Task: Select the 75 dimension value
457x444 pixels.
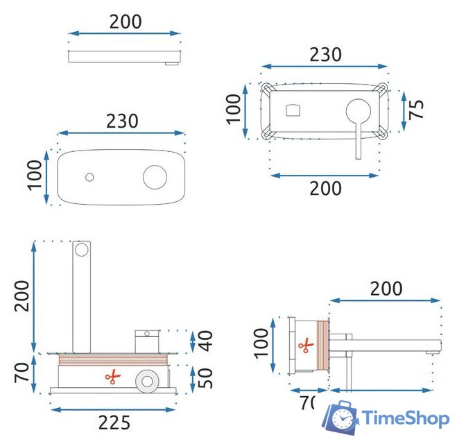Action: coord(416,109)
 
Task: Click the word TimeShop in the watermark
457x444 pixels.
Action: coord(405,418)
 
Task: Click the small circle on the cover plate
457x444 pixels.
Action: coord(89,177)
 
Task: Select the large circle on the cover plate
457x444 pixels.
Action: coord(155,176)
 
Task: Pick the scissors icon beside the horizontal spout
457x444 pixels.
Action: coord(303,345)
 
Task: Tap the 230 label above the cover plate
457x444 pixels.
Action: coord(121,121)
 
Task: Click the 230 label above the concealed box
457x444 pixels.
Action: coord(325,54)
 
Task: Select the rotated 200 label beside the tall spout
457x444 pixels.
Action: coord(23,296)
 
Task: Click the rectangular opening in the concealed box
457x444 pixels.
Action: coord(293,109)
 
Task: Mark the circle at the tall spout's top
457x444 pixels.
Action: coord(82,249)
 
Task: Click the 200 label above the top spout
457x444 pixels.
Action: coord(125,22)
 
